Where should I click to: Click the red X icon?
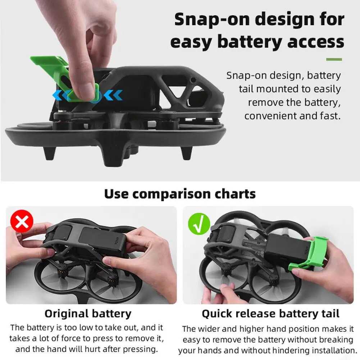point(22,222)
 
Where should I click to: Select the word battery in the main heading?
point(249,42)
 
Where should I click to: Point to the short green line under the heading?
point(334,59)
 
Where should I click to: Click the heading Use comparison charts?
point(180,194)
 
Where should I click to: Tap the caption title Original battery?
point(88,314)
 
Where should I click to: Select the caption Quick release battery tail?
point(270,314)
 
